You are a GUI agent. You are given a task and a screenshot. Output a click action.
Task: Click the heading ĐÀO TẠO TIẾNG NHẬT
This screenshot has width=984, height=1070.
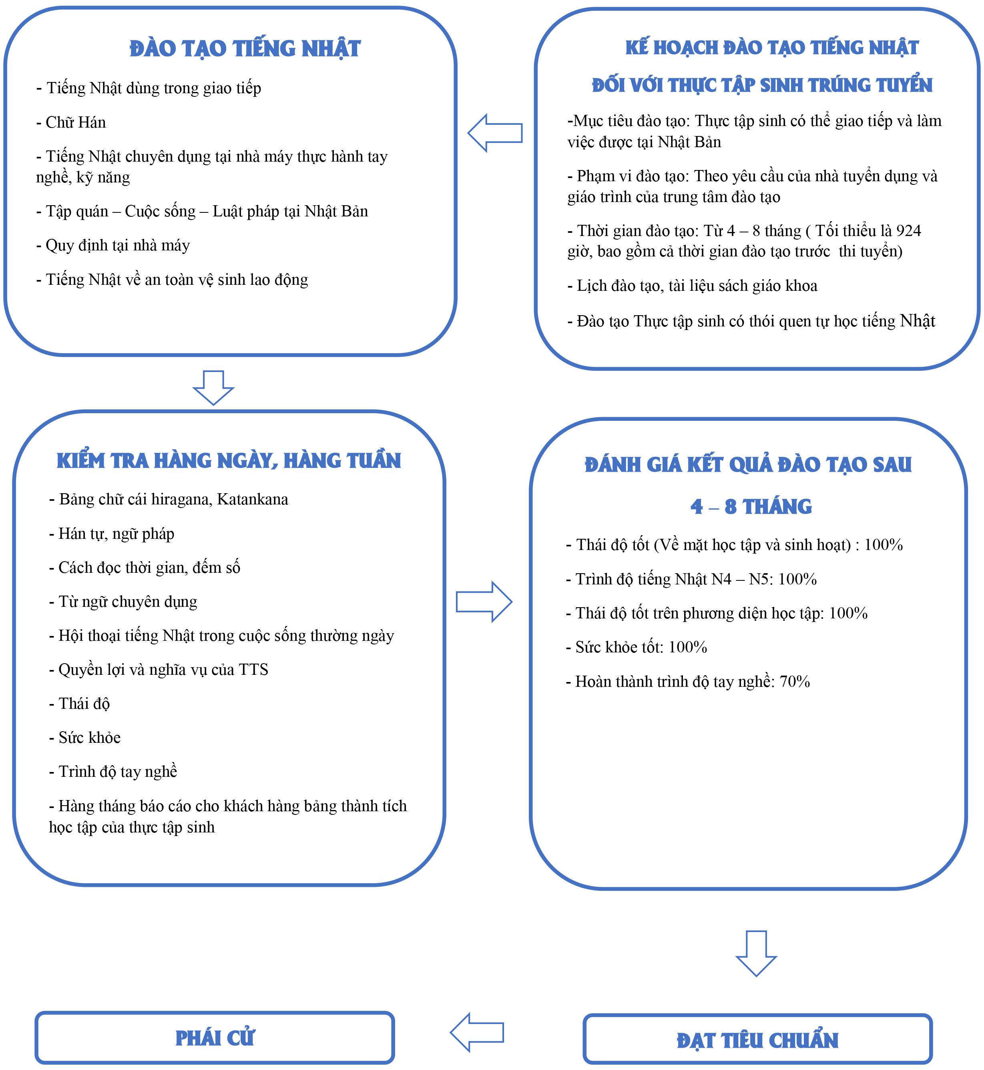[x=245, y=49]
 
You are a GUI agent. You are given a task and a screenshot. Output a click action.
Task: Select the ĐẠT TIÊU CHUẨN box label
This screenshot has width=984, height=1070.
[x=757, y=1040]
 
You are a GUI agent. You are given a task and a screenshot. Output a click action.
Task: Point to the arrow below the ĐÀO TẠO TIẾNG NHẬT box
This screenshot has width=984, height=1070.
[x=213, y=387]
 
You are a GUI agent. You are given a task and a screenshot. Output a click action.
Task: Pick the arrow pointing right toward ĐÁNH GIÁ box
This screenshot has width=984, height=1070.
[x=484, y=602]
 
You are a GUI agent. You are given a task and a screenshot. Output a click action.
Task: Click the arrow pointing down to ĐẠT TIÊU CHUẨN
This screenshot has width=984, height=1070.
[x=756, y=953]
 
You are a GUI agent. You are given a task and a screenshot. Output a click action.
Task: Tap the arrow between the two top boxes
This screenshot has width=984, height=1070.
[x=495, y=133]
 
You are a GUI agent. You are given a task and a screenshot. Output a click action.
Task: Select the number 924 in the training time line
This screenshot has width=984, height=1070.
[x=908, y=230]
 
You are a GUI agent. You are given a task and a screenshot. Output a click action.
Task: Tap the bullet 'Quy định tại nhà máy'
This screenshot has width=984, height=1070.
[x=113, y=245]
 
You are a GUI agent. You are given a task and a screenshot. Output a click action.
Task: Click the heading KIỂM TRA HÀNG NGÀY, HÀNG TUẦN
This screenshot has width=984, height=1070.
[x=229, y=461]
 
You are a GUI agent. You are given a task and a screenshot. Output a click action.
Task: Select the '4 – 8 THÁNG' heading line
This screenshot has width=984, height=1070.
[x=751, y=506]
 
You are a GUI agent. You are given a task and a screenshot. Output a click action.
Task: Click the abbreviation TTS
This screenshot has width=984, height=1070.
[x=253, y=669]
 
